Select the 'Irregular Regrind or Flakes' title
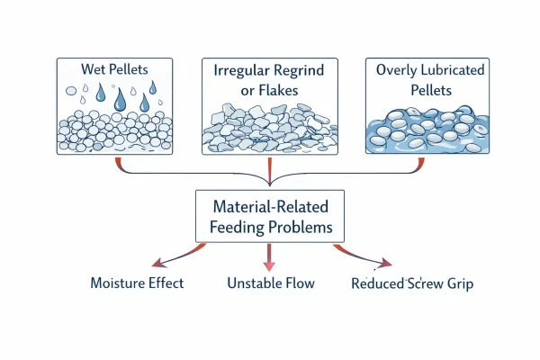coord(269,80)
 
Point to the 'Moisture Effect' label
coord(137,283)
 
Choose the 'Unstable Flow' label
coord(269,283)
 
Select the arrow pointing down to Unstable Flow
coord(269,256)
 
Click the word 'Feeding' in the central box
coord(239,229)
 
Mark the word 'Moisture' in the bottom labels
coord(120,283)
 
